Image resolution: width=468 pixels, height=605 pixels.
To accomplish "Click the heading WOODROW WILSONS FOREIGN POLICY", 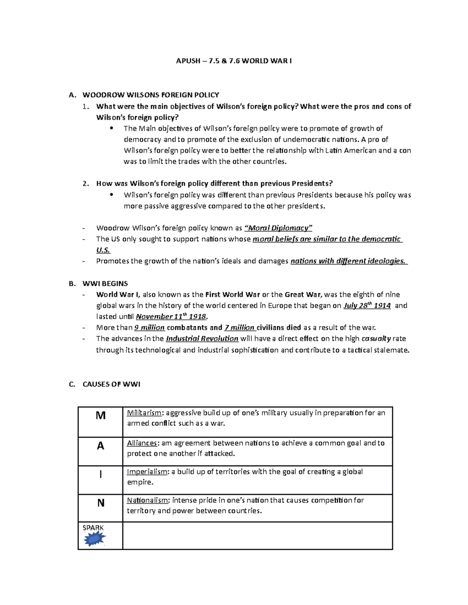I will pyautogui.click(x=151, y=95).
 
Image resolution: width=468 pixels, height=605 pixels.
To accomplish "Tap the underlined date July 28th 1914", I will pyautogui.click(x=367, y=305).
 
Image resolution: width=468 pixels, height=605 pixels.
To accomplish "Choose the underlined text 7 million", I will pyautogui.click(x=239, y=328).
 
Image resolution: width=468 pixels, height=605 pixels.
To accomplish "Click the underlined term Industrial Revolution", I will pyautogui.click(x=202, y=339).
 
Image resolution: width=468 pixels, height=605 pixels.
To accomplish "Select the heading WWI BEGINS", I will pyautogui.click(x=105, y=284).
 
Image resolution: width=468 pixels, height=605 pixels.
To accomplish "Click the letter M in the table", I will pyautogui.click(x=101, y=416).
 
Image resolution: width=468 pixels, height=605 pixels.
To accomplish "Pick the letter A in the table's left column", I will pyautogui.click(x=101, y=446).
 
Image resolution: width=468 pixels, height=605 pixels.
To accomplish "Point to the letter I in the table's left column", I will pyautogui.click(x=101, y=474).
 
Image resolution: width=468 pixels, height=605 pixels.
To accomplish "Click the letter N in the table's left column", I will pyautogui.click(x=101, y=503).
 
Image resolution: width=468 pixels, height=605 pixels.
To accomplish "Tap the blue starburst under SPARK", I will pyautogui.click(x=94, y=540).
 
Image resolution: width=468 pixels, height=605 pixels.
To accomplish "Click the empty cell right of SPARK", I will pyautogui.click(x=257, y=536).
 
